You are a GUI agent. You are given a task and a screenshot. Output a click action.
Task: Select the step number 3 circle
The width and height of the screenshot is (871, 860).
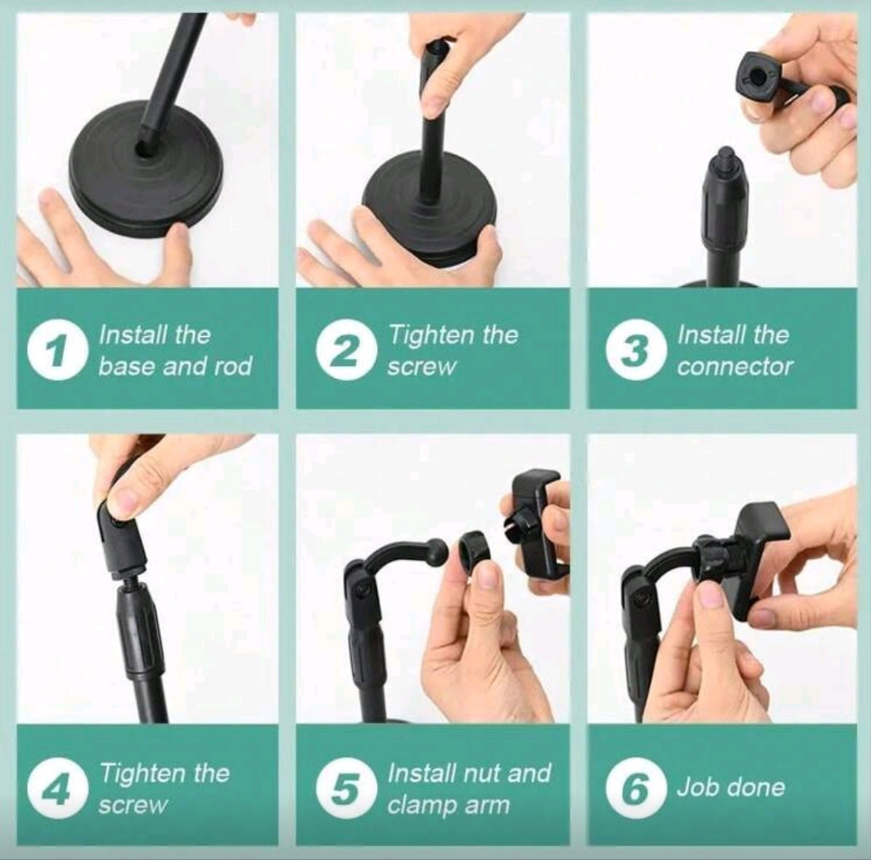point(634,352)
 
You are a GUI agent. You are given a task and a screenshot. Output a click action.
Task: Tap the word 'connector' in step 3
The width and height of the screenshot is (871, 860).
point(735,366)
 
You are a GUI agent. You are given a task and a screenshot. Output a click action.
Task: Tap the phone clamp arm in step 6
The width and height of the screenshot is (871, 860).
point(754,556)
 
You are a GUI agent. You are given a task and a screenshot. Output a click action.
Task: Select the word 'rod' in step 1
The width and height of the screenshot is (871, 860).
point(233,366)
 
